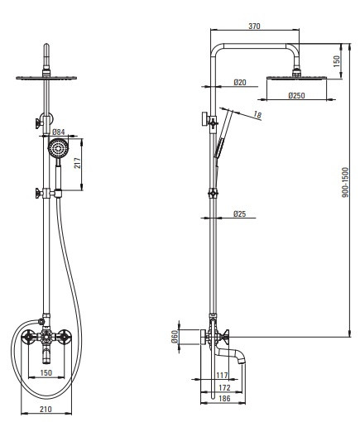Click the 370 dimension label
[254, 26]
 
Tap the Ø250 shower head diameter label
[296, 95]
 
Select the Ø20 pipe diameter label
[240, 82]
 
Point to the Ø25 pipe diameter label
[239, 213]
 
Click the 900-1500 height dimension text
[345, 182]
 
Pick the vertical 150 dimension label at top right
[337, 61]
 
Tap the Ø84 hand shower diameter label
[59, 132]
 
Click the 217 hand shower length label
[78, 163]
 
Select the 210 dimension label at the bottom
[46, 409]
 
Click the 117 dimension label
[222, 376]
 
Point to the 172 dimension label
[224, 387]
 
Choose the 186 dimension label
[224, 398]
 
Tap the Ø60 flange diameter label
[175, 337]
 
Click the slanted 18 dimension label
[257, 115]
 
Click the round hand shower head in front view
[58, 148]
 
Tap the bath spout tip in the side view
[242, 361]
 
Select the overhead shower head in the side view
[297, 77]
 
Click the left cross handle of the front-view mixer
[28, 337]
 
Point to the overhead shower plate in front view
[46, 78]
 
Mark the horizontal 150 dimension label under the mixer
[46, 373]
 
